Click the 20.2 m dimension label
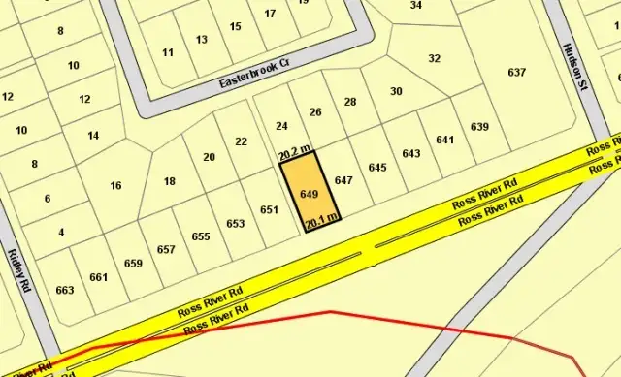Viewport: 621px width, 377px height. tap(294, 152)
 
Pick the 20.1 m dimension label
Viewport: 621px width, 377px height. tap(321, 222)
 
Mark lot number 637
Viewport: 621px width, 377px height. tap(516, 73)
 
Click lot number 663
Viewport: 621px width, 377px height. tap(65, 290)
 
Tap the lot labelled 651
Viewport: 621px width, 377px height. tap(270, 209)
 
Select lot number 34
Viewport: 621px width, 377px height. tap(416, 5)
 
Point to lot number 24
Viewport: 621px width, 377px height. tap(282, 126)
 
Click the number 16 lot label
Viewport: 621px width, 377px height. tap(116, 185)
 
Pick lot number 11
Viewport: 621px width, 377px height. tap(169, 52)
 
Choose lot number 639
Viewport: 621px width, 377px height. tap(479, 127)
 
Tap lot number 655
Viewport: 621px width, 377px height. tap(201, 236)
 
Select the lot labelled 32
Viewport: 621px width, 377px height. tap(434, 58)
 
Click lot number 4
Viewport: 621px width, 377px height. tap(61, 232)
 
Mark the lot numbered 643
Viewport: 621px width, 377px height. tap(410, 153)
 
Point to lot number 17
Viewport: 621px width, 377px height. tap(270, 14)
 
